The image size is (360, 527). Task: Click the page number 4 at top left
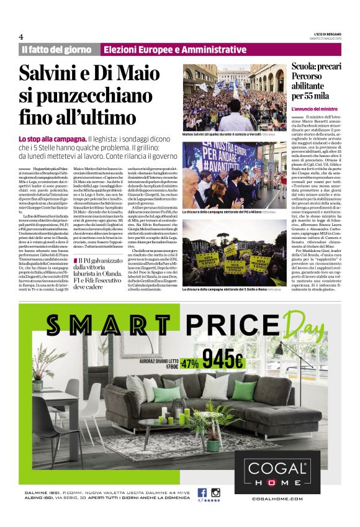point(21,36)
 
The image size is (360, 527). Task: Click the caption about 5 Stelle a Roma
point(230,289)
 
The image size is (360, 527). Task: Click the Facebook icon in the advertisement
point(202,492)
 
